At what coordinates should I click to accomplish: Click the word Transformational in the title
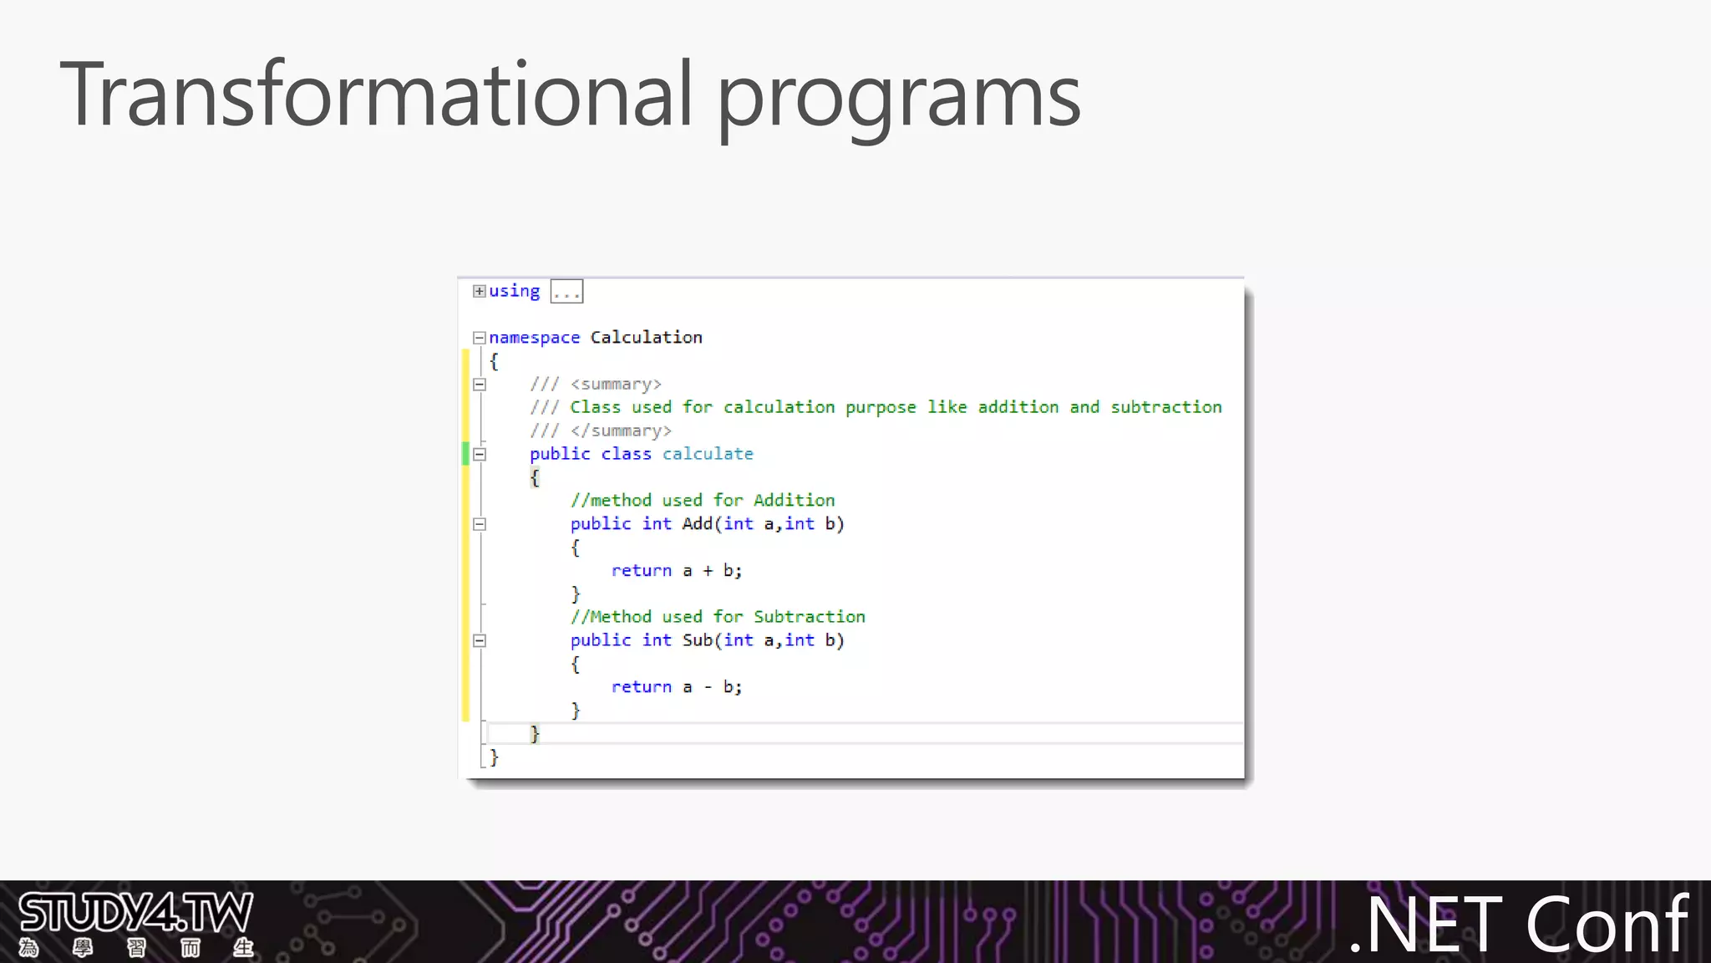[376, 94]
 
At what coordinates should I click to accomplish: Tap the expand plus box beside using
[479, 291]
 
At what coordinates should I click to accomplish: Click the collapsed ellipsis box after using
[566, 292]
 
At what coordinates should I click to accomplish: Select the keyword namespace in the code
[534, 338]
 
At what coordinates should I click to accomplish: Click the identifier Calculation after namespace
[646, 337]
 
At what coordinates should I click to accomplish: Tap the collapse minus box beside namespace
[480, 338]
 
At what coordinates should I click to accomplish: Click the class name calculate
[708, 454]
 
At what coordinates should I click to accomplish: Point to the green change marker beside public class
[465, 454]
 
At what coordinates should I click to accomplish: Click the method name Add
[697, 524]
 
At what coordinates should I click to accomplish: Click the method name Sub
[697, 640]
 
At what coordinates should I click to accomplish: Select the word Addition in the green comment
[794, 501]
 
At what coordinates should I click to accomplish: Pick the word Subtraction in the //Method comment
[809, 617]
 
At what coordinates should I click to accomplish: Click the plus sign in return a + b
[708, 571]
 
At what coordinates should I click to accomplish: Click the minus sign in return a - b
[708, 687]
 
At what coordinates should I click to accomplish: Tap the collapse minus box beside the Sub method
[480, 641]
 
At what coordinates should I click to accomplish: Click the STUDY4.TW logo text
[135, 913]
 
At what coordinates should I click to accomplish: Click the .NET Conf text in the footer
[1519, 925]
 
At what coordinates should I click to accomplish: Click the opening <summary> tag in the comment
[616, 385]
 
